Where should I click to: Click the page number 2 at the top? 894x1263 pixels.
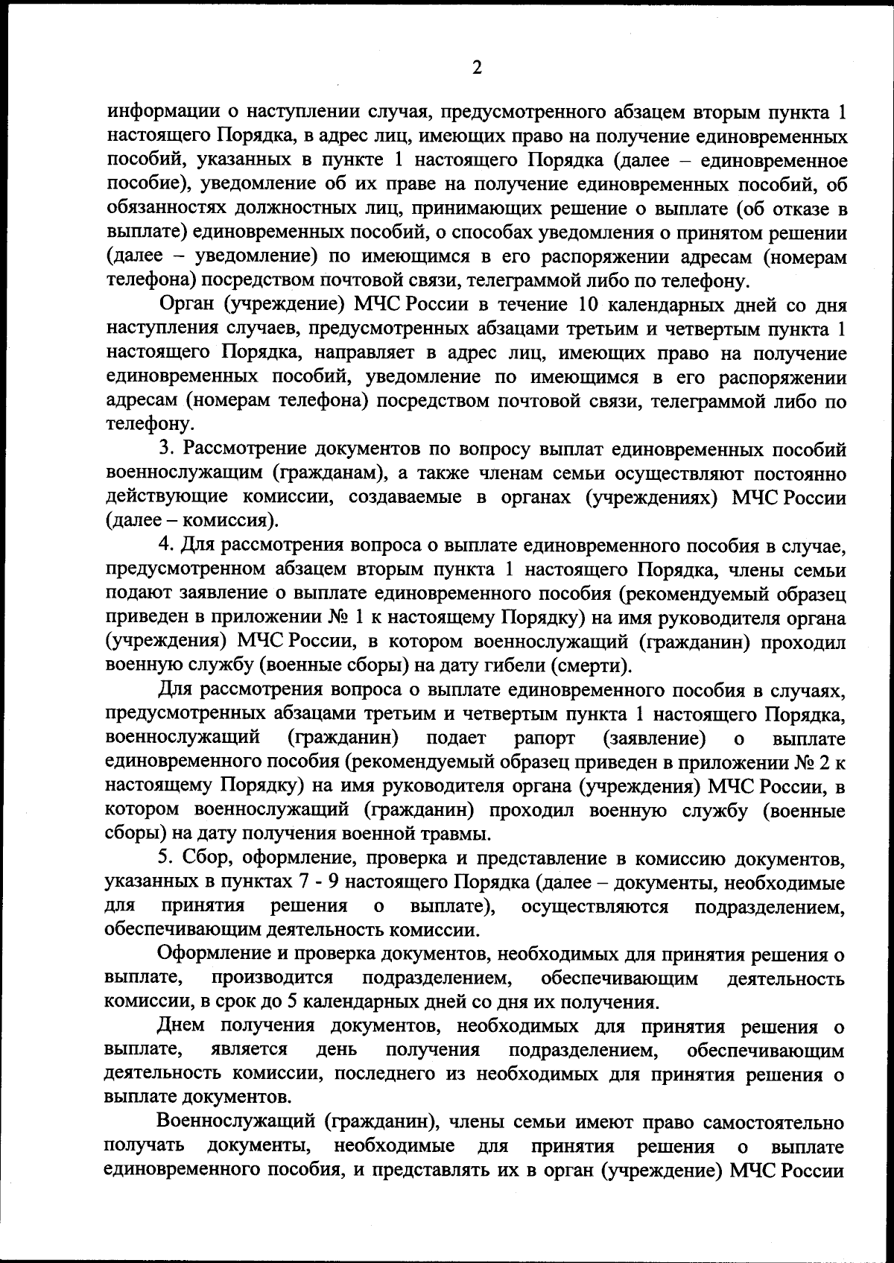pos(477,69)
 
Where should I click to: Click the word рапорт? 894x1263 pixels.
pos(545,738)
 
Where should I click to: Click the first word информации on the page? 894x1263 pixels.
pos(162,113)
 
